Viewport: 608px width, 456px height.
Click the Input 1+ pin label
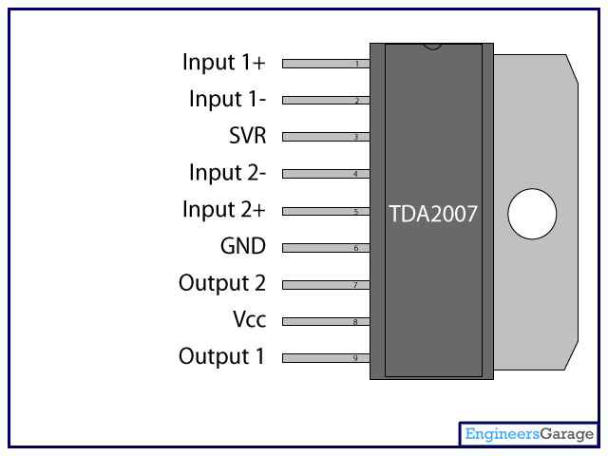224,63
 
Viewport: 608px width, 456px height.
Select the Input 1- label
227,99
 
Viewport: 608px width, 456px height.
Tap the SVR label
247,135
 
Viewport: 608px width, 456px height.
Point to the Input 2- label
227,173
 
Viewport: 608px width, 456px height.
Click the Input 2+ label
224,209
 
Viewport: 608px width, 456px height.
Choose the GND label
243,246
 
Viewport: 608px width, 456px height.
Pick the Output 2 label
222,283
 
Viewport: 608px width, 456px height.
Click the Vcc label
249,319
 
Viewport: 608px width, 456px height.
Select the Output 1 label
221,356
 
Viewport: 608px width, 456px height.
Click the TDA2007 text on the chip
433,214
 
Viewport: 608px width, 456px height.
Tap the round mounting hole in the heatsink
532,214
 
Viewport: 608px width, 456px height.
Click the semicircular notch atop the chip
432,47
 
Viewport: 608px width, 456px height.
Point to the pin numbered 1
326,64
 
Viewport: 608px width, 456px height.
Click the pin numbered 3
326,137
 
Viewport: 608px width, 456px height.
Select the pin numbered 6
326,248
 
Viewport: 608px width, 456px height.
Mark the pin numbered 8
326,321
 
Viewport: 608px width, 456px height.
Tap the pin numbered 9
326,358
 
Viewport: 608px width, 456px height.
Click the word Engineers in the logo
503,433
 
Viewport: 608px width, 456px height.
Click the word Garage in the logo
567,434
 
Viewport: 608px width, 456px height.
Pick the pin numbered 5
326,211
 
